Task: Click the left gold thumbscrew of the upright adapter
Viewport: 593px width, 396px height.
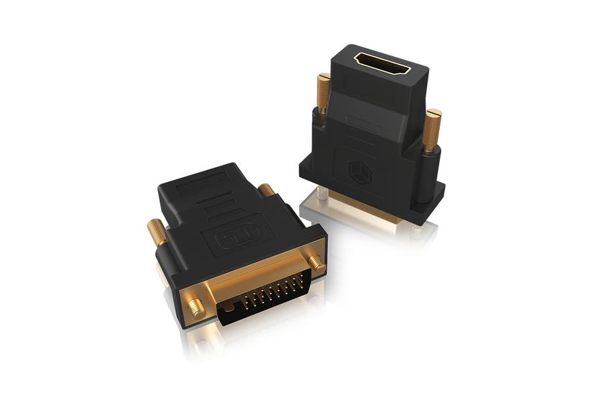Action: (323, 94)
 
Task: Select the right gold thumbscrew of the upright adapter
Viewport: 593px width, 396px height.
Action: (431, 130)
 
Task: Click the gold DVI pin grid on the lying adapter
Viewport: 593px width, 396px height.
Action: (262, 297)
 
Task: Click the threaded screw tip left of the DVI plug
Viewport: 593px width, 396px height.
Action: (196, 307)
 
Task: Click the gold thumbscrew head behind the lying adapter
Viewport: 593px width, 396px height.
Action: (266, 190)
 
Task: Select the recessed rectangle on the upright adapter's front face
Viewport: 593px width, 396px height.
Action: (364, 122)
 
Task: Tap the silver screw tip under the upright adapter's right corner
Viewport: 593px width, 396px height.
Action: (417, 231)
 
